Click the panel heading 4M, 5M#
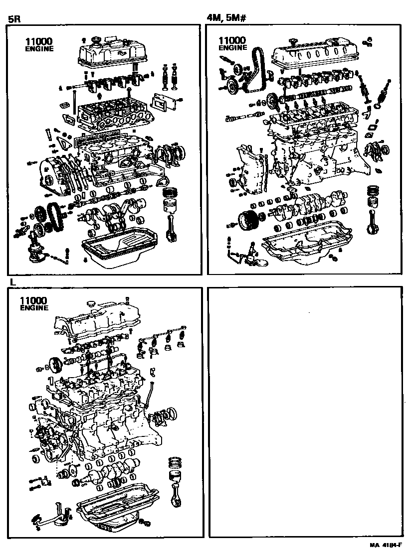pos(227,18)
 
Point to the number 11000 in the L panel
pos(33,300)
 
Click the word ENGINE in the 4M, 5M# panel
pos(233,48)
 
